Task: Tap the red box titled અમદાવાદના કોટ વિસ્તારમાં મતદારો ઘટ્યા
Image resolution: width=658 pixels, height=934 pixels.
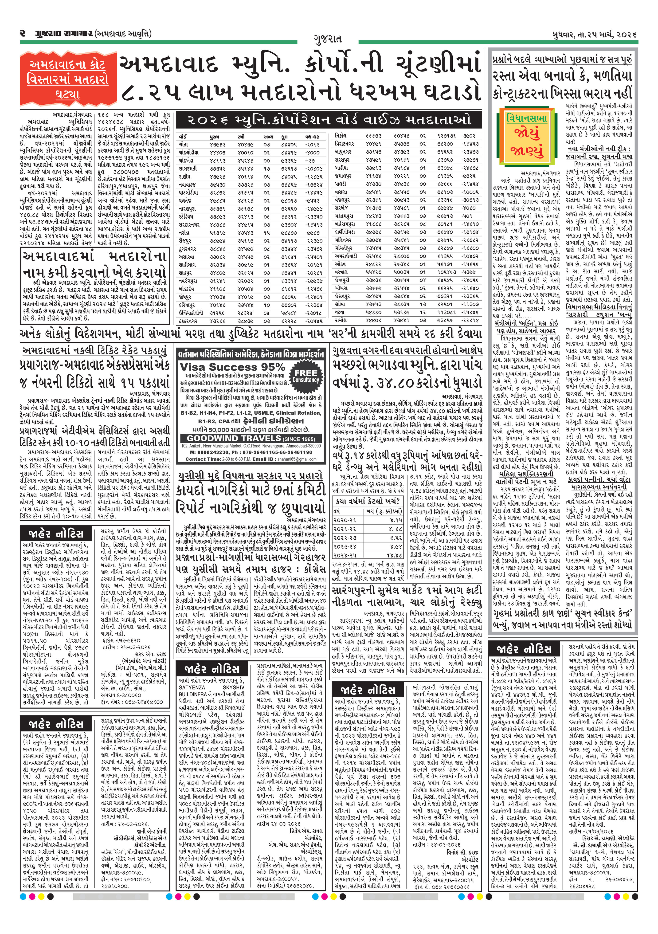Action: point(67,79)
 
